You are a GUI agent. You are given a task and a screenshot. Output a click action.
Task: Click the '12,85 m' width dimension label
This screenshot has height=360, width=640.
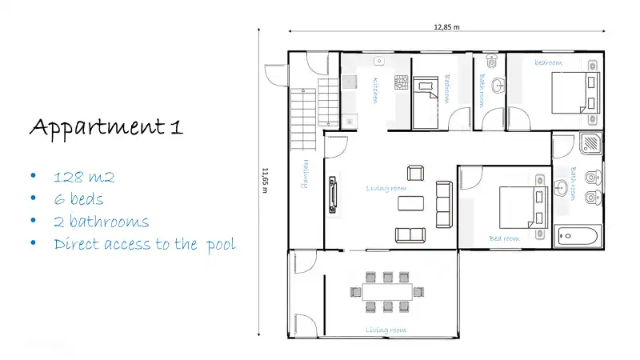(447, 26)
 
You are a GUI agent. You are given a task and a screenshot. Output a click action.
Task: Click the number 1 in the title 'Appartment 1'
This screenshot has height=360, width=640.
(176, 127)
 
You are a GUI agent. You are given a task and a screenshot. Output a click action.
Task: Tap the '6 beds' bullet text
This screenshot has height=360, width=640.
(78, 199)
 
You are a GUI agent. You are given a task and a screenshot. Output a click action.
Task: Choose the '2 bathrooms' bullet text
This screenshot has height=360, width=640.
(101, 222)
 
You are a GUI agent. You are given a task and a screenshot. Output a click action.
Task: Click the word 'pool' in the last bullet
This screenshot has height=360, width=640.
(220, 244)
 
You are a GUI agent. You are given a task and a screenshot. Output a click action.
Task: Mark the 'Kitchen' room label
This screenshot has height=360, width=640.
(374, 90)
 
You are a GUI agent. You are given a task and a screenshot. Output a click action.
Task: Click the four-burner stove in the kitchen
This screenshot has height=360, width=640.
(401, 82)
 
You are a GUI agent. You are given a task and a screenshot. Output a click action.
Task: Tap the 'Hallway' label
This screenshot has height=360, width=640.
(305, 173)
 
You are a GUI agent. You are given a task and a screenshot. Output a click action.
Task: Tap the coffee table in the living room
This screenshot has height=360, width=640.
(413, 202)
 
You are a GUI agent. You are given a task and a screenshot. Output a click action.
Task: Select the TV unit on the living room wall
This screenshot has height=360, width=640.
(331, 196)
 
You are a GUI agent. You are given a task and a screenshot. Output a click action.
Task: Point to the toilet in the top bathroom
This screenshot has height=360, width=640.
(491, 61)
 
